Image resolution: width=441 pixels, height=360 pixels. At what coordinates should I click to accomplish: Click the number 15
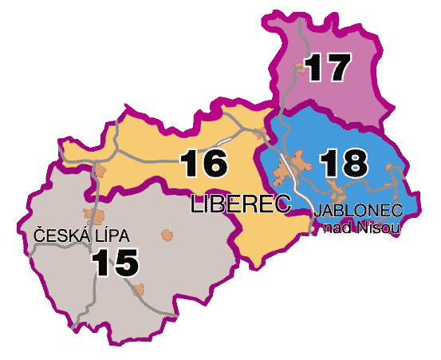[116, 263]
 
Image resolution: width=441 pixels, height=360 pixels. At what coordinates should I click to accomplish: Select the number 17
[327, 68]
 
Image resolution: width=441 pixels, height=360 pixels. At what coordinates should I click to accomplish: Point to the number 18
[344, 164]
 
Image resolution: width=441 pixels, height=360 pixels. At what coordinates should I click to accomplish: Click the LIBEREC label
[239, 204]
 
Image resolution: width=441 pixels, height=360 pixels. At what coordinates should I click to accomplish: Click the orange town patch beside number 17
[303, 69]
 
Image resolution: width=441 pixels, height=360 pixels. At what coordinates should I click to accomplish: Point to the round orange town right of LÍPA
[167, 234]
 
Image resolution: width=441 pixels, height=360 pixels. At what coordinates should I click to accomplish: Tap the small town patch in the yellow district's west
[99, 170]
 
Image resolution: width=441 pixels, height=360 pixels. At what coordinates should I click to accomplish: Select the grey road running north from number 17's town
[297, 36]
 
